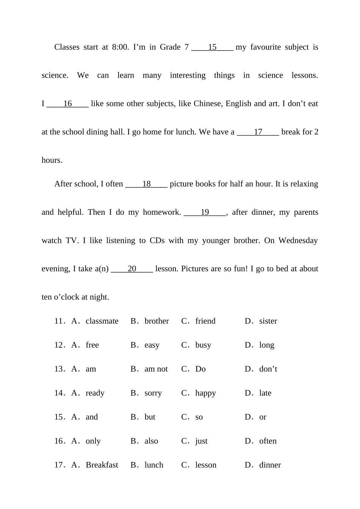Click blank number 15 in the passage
(212, 47)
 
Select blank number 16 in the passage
(67, 104)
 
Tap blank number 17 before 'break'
(258, 132)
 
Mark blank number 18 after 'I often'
(146, 184)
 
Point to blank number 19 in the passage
(205, 212)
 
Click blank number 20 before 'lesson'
(132, 269)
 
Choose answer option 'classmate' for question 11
(102, 321)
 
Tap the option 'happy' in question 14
(205, 393)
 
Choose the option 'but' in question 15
(150, 417)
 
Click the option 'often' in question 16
(268, 441)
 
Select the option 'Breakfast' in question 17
(102, 465)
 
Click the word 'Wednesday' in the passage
(298, 240)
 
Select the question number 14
(60, 393)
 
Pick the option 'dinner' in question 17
(270, 465)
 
